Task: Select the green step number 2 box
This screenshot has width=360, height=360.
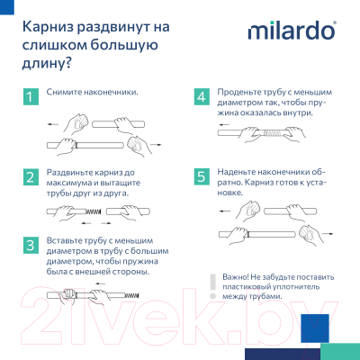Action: click(x=31, y=176)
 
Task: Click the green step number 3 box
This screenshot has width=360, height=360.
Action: click(x=31, y=246)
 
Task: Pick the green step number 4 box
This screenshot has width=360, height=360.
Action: click(x=202, y=96)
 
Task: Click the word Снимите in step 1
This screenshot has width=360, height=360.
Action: click(x=69, y=93)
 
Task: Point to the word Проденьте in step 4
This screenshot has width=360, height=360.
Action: click(x=244, y=93)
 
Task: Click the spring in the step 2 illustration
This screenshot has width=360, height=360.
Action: click(x=85, y=211)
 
